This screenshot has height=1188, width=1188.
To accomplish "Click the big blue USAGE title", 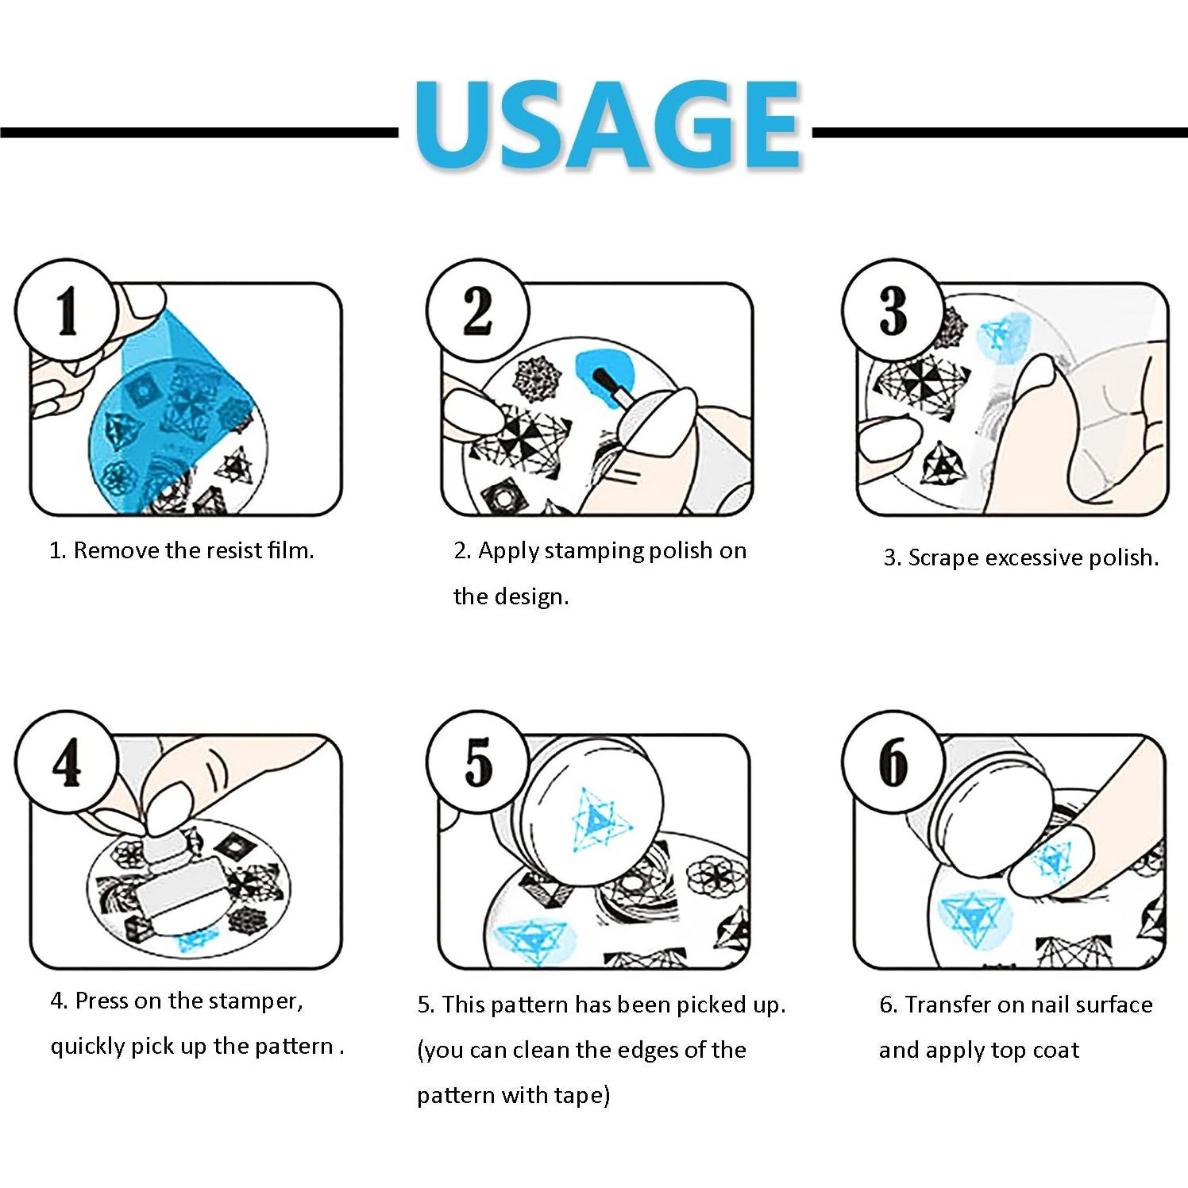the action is tap(607, 125).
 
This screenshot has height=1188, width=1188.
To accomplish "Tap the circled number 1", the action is tap(67, 309).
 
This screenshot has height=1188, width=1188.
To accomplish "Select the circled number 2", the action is tap(477, 309).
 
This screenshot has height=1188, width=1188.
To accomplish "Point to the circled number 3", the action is tap(893, 309).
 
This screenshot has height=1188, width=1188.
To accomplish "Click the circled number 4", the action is tap(67, 762).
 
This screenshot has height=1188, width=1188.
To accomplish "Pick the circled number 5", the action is tap(477, 762).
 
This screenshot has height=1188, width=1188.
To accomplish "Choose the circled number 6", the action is tap(893, 762).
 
